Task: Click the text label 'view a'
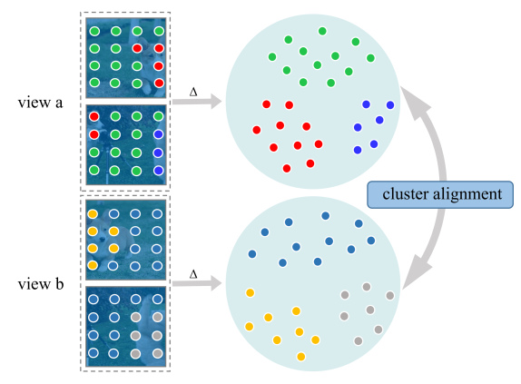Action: pos(40,103)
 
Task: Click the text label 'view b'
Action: pos(41,284)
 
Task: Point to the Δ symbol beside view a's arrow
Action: pos(193,92)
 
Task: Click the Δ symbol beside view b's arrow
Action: pos(193,274)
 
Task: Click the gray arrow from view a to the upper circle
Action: pos(197,102)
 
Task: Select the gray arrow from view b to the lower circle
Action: pos(197,283)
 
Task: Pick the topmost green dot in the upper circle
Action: pos(322,31)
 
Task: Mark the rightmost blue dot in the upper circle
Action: pos(390,105)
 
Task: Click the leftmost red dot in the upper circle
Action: pos(257,130)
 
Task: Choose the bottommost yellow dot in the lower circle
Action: pos(301,357)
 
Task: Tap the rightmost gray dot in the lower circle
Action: pos(390,295)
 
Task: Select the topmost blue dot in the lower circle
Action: pos(325,216)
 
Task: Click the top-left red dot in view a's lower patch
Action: pos(94,116)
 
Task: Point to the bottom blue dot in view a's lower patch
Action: pos(159,171)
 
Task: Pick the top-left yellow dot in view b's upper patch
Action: pos(93,214)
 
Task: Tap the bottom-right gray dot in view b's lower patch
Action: pos(158,353)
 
